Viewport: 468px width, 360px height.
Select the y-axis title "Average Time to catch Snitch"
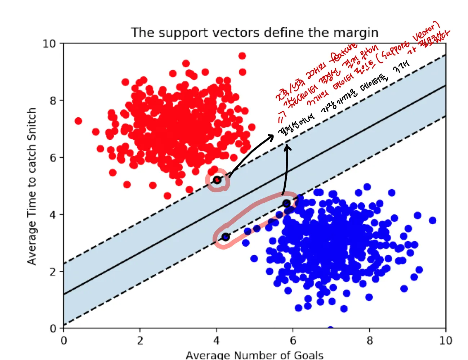[x=32, y=186]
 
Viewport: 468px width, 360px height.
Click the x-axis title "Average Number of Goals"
[x=254, y=355]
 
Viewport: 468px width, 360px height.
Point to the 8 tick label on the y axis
[x=53, y=101]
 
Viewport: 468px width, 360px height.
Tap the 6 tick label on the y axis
[x=53, y=158]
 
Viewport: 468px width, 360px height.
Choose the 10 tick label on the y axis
[x=50, y=44]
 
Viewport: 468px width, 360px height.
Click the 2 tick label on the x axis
[x=140, y=340]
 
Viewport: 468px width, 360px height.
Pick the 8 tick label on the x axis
[x=370, y=340]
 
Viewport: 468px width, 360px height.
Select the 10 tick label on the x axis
[x=446, y=340]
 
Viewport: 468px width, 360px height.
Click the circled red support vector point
[x=217, y=180]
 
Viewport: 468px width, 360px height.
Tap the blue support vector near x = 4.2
[x=226, y=237]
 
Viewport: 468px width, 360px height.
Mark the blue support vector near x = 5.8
[x=286, y=203]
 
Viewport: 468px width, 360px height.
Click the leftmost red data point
[x=78, y=121]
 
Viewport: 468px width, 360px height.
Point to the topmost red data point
[x=242, y=56]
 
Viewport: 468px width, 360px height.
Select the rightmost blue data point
[x=433, y=220]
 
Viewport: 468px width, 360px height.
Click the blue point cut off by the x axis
[x=330, y=328]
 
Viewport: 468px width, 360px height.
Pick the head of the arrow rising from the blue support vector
[x=287, y=146]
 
